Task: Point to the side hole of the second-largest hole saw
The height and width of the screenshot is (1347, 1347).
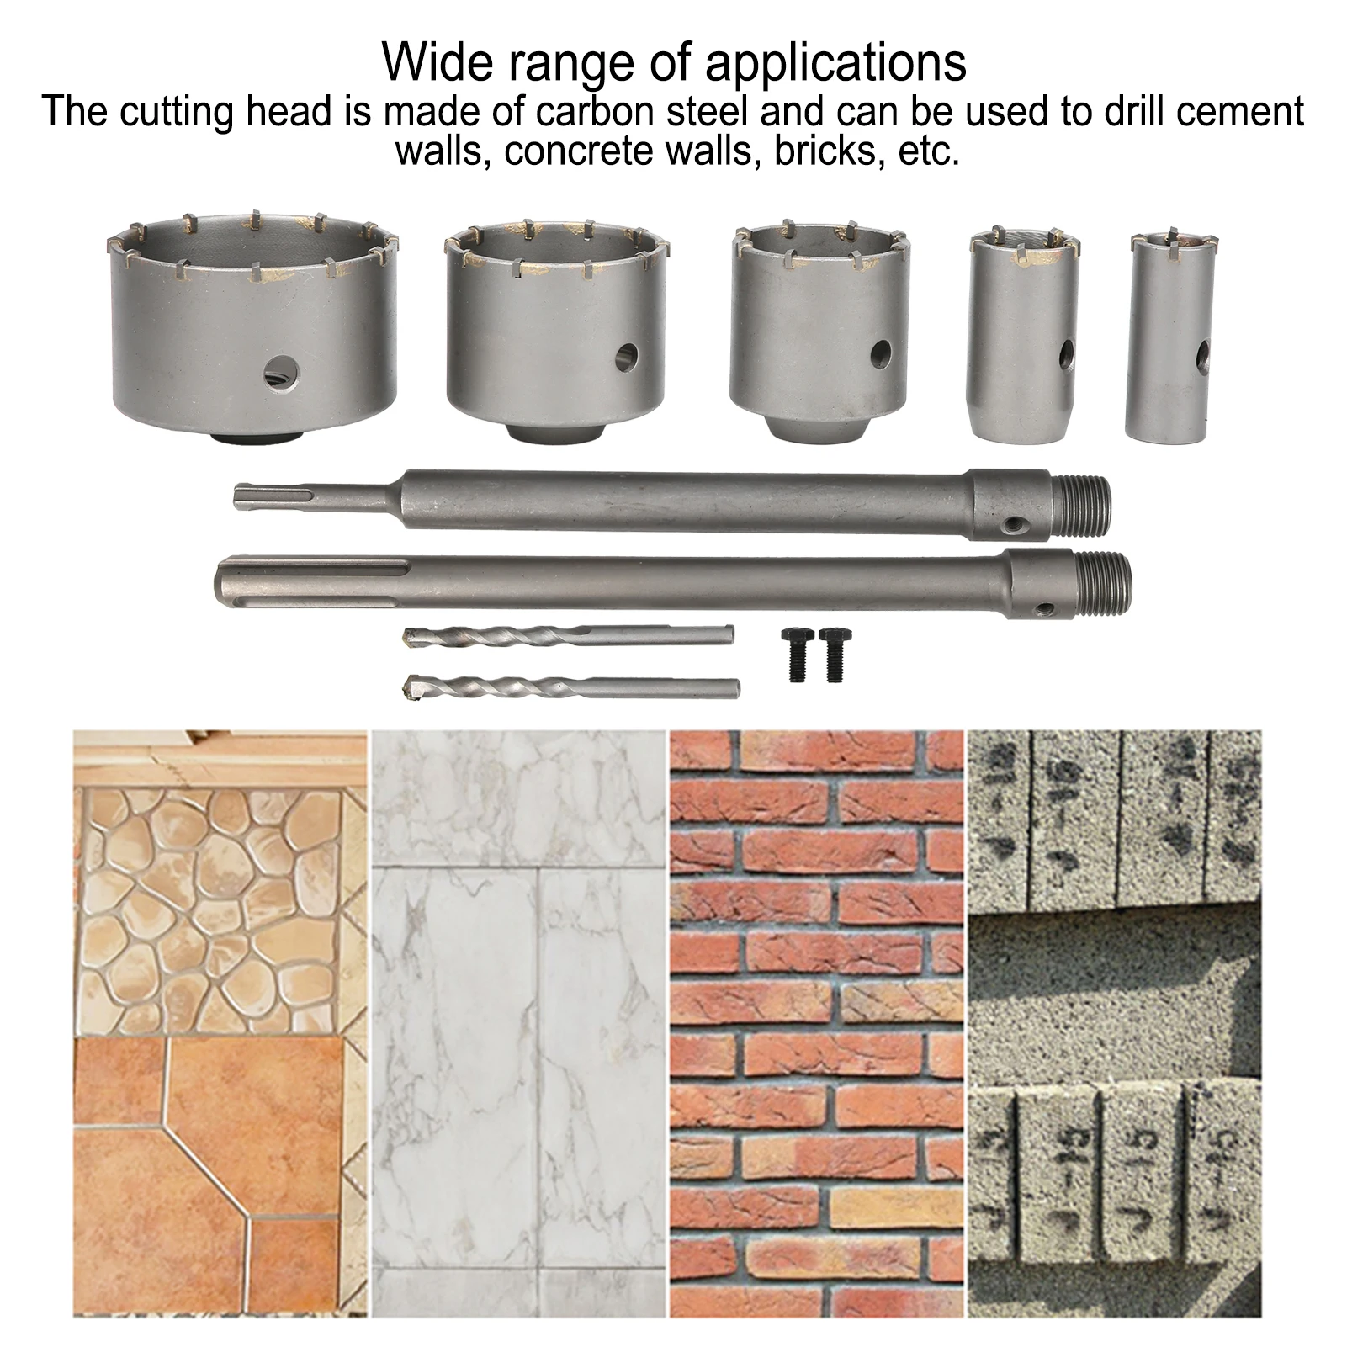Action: pyautogui.click(x=626, y=357)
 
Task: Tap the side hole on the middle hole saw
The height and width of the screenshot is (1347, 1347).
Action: pyautogui.click(x=880, y=351)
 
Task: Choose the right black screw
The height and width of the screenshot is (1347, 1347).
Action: pyautogui.click(x=832, y=654)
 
